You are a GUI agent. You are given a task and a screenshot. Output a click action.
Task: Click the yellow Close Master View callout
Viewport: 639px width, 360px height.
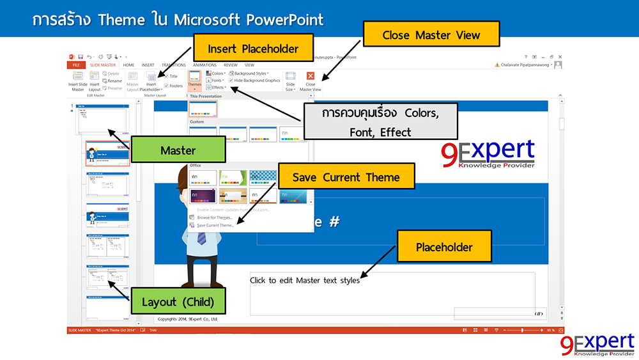coord(431,35)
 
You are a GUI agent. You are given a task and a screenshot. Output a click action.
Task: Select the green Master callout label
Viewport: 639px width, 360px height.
coord(178,151)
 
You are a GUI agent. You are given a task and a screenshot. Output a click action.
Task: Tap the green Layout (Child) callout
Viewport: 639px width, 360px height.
coord(178,301)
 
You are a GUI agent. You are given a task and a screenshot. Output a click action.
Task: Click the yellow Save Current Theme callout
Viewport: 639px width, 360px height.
coord(346,177)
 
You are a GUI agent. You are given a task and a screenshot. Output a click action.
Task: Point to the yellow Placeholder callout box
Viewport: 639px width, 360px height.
coord(444,247)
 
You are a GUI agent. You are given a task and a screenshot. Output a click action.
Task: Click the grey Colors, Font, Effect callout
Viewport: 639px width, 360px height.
coord(380,121)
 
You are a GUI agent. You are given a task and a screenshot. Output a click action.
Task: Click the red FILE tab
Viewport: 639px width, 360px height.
coord(75,65)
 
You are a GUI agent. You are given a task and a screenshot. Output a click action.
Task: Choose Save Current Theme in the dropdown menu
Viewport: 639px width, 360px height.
coord(215,225)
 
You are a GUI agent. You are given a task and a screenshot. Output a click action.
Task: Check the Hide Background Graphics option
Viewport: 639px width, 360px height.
coord(231,81)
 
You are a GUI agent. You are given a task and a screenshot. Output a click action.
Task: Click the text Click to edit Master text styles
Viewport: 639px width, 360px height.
coord(304,280)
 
